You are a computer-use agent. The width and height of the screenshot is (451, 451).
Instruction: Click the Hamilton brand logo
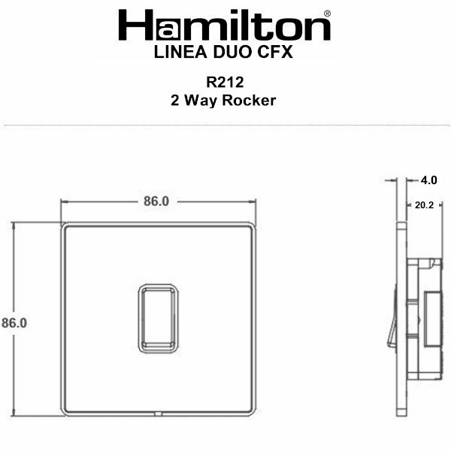[x=224, y=25]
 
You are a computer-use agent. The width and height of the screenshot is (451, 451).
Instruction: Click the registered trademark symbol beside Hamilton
[x=327, y=14]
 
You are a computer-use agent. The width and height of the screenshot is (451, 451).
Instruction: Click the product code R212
[x=225, y=82]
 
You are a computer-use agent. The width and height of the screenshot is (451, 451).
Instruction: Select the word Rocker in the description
[x=249, y=101]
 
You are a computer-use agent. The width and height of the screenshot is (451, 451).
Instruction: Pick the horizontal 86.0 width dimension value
[x=156, y=201]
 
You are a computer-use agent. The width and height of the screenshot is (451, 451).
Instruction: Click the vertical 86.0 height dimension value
[x=14, y=322]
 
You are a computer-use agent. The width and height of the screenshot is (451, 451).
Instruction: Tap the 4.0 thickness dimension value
[x=429, y=180]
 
